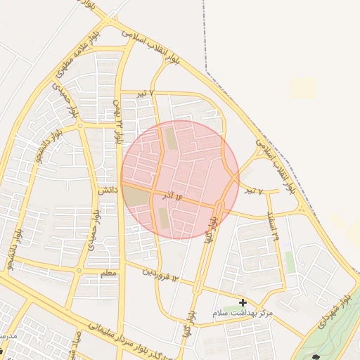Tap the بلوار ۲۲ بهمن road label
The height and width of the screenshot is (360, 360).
pyautogui.click(x=117, y=122)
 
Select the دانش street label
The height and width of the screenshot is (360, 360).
pyautogui.click(x=107, y=190)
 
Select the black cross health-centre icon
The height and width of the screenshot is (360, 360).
pyautogui.click(x=243, y=303)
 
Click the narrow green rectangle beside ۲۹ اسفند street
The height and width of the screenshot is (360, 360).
pyautogui.click(x=290, y=262)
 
